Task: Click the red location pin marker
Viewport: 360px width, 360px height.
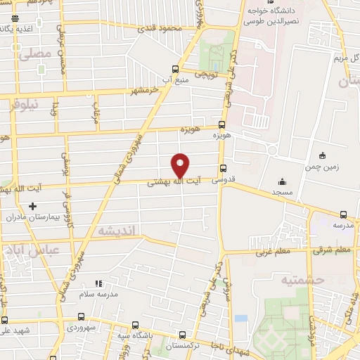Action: point(181,165)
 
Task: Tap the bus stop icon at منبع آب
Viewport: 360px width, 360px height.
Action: point(175,69)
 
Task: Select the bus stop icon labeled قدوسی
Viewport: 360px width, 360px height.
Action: point(223,168)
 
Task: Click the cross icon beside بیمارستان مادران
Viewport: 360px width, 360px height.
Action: point(31,206)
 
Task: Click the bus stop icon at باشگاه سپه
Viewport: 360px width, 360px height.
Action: point(136,326)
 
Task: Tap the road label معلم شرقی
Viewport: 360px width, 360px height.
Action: point(332,249)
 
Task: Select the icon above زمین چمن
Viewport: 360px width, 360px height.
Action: point(322,155)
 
